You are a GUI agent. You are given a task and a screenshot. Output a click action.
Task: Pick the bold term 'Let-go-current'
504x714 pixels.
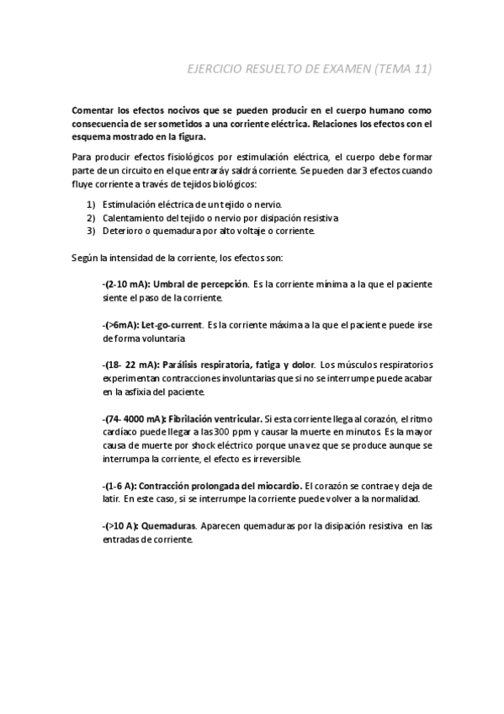point(172,325)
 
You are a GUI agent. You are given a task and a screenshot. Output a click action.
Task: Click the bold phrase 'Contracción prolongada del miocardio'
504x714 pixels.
point(220,486)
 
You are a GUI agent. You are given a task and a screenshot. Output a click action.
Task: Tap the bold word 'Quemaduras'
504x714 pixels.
point(169,526)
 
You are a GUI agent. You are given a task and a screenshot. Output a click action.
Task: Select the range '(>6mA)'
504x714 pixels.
point(119,325)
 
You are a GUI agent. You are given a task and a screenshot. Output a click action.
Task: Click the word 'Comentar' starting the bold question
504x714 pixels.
point(93,110)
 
